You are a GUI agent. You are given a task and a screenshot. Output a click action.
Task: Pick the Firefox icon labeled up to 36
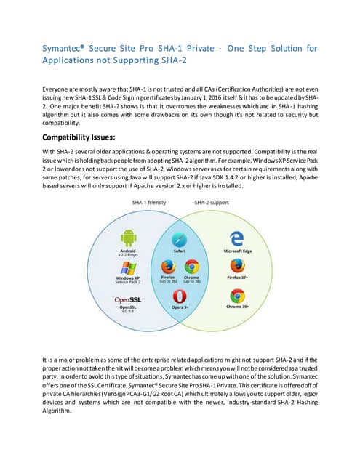(167, 267)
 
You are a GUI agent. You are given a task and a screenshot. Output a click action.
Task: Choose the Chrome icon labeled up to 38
(192, 267)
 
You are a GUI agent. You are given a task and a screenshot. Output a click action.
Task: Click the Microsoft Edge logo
(236, 238)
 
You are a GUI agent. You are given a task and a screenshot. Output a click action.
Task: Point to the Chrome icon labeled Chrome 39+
(236, 296)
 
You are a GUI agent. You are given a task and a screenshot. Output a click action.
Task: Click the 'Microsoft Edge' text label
(236, 251)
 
